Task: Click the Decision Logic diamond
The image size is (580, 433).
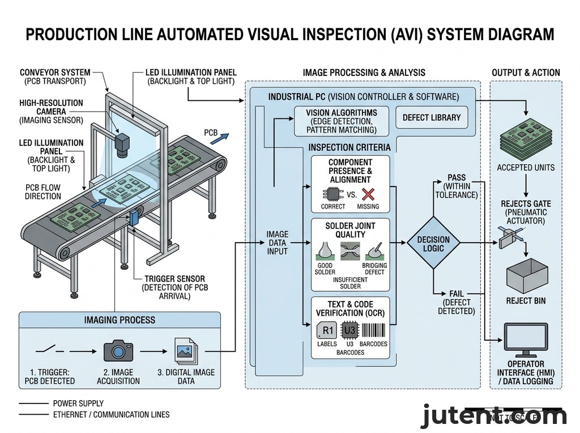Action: coord(433,242)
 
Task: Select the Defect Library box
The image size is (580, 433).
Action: coord(432,118)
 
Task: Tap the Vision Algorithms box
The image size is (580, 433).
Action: coord(342,121)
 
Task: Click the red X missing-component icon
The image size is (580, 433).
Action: coord(368,194)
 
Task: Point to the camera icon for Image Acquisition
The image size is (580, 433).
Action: coord(118,351)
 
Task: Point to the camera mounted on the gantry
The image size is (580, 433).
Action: coord(122,146)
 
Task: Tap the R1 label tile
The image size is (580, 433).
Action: coord(327,330)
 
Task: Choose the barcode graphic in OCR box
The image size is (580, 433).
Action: coord(373,330)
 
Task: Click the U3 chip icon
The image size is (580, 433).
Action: coord(349,330)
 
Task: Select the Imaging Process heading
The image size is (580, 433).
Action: coord(120,320)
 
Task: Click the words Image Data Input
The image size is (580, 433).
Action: coord(277,243)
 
